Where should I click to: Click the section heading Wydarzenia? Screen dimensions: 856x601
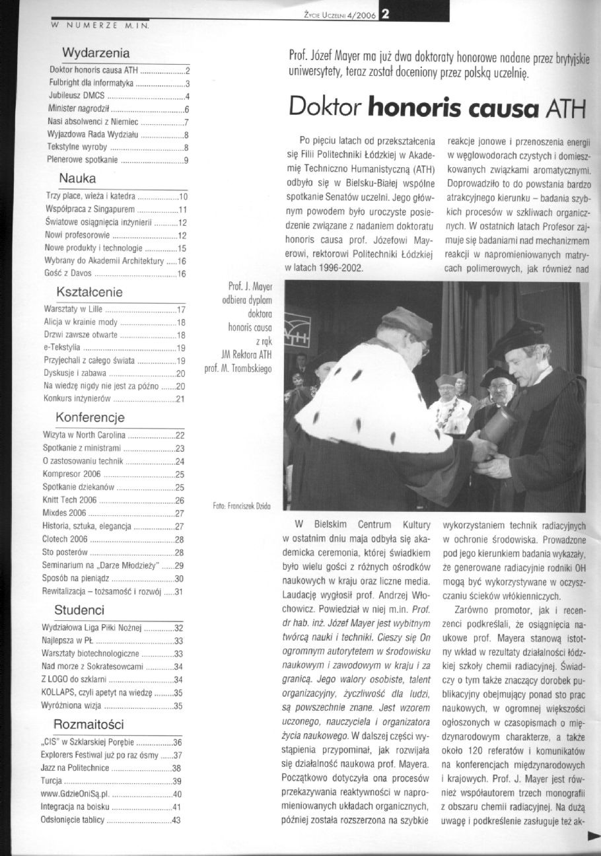pos(95,52)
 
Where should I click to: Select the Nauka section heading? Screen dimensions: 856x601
pos(78,178)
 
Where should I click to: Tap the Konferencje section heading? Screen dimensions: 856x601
pos(90,418)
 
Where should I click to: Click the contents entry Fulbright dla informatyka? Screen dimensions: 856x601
pos(92,83)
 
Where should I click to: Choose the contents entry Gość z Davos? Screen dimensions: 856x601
pos(69,273)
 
